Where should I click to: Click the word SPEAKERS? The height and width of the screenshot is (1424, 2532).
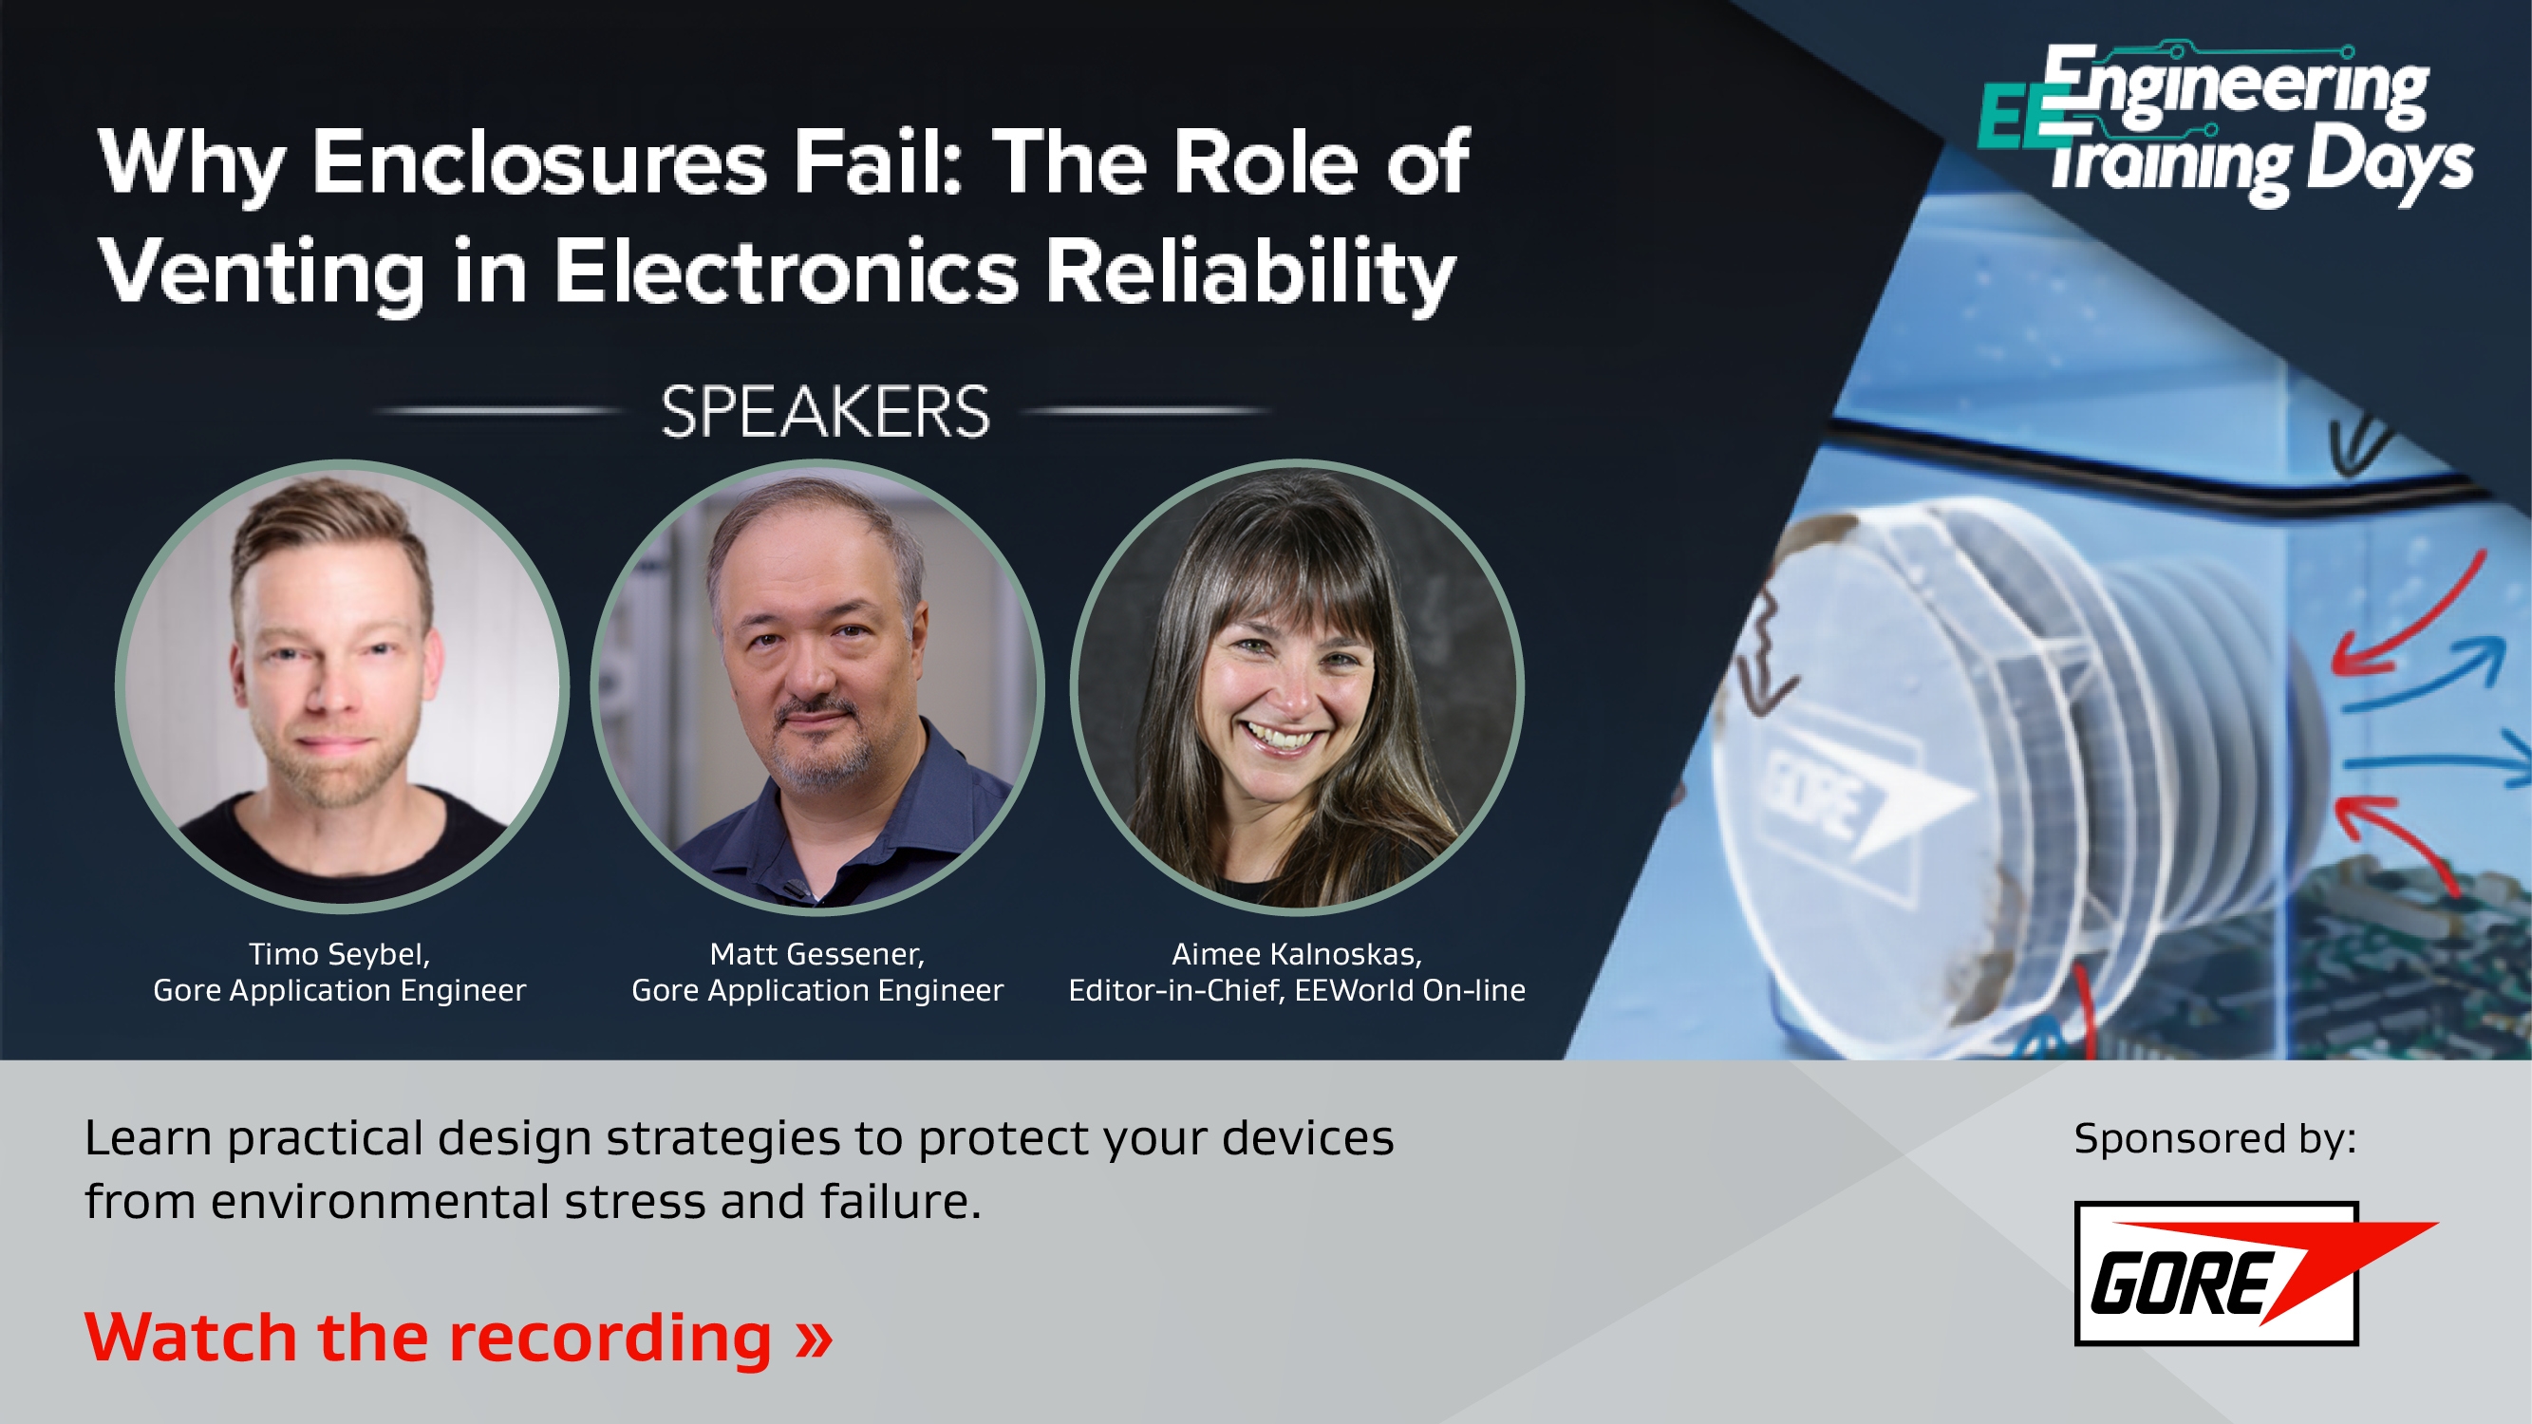tap(825, 412)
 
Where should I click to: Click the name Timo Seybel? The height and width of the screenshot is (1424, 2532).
tap(338, 954)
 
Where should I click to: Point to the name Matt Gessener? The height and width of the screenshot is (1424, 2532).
tap(816, 954)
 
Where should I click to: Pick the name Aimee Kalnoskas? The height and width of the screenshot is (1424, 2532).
tap(1297, 954)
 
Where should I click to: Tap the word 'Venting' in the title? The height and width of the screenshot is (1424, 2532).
tap(261, 272)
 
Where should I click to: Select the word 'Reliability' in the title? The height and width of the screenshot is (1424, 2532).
tap(1249, 272)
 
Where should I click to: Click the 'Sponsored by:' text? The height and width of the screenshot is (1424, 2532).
tap(2215, 1138)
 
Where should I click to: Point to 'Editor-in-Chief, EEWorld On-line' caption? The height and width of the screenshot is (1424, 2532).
tap(1297, 989)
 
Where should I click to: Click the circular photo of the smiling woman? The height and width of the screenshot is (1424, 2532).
tap(1297, 686)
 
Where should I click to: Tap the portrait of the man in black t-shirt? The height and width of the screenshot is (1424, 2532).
tap(341, 686)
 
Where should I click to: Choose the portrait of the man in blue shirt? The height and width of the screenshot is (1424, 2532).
tap(816, 686)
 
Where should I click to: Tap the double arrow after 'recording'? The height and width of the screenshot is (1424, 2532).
tap(814, 1338)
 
